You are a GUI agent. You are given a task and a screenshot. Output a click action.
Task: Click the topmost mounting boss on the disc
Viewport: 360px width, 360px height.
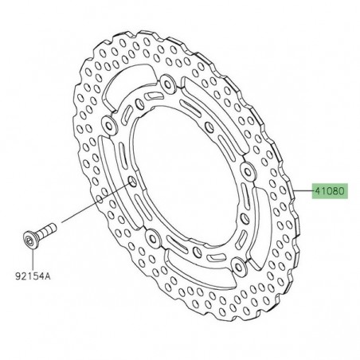click(166, 81)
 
